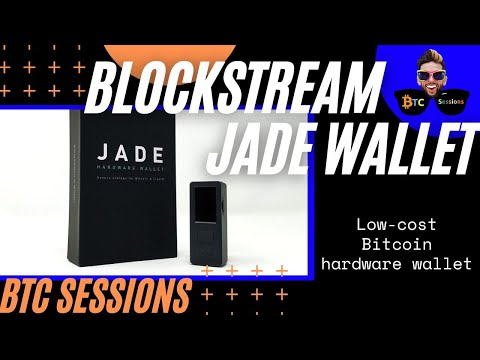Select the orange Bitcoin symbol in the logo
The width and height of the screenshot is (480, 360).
409,103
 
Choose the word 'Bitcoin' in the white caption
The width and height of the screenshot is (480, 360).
400,243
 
